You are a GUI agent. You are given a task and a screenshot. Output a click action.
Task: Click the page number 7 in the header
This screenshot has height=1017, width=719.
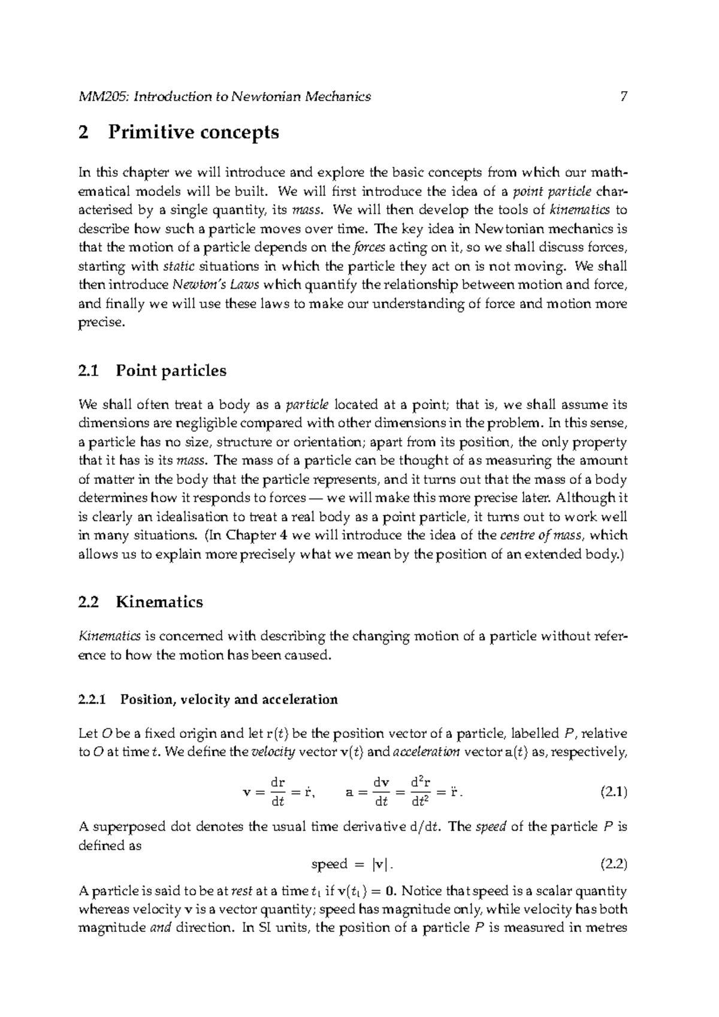[623, 96]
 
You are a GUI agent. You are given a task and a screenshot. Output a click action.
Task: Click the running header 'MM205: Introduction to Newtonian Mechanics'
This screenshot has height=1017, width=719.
[225, 96]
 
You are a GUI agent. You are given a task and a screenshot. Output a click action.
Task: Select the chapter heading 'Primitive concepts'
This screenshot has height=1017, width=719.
[194, 132]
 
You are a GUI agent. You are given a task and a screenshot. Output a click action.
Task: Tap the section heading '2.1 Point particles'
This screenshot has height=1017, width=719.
[152, 371]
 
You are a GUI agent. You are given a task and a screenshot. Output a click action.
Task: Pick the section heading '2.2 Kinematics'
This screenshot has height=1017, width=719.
[140, 602]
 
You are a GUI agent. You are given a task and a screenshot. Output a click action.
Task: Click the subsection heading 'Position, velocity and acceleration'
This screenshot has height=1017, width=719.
[229, 700]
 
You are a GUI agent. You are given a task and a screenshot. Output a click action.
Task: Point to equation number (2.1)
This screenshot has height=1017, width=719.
[613, 792]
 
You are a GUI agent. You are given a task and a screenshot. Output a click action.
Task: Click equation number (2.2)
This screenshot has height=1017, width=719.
[613, 864]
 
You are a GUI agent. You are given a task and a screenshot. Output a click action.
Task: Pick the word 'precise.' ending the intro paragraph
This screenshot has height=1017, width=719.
[102, 323]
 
